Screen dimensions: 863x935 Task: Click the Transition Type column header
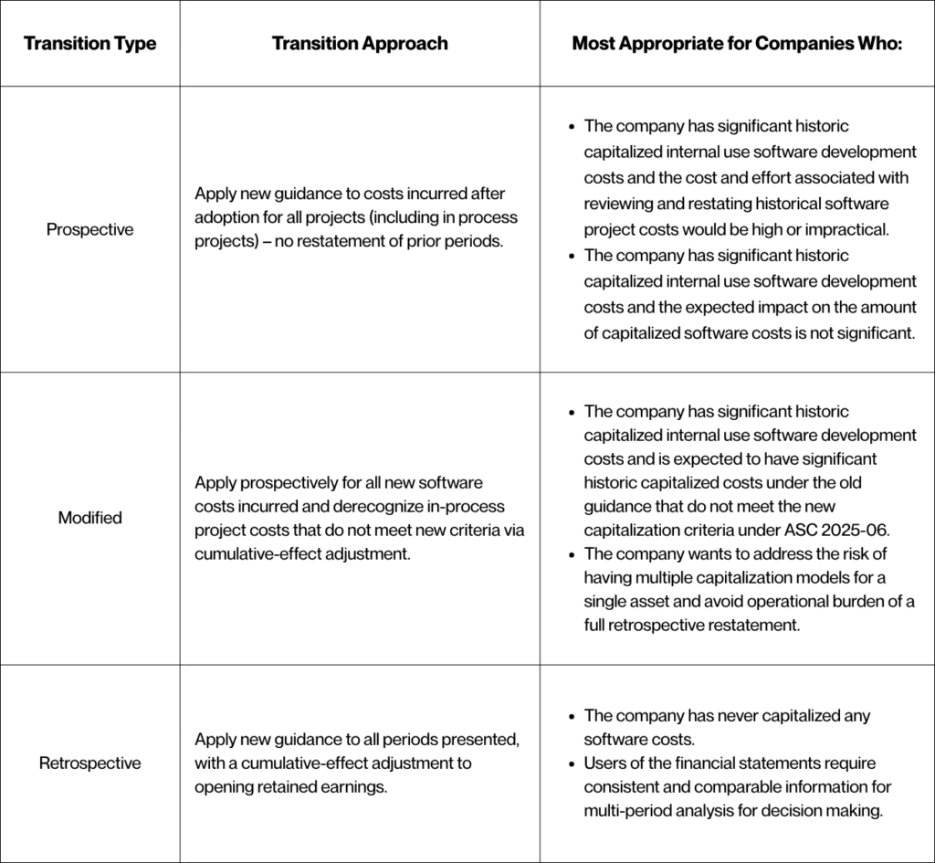tap(89, 44)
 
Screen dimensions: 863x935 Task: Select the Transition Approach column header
tap(360, 44)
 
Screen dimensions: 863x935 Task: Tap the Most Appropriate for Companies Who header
tap(737, 44)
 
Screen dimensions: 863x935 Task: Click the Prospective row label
tap(89, 229)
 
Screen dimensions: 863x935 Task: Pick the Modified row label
tap(89, 518)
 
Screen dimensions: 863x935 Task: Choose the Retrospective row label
tap(89, 763)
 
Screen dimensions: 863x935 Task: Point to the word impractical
tap(850, 228)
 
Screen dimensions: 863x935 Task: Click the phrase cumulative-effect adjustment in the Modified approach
tap(298, 553)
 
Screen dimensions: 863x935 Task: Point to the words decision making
tap(836, 811)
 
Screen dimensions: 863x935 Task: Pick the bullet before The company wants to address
tap(572, 553)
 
